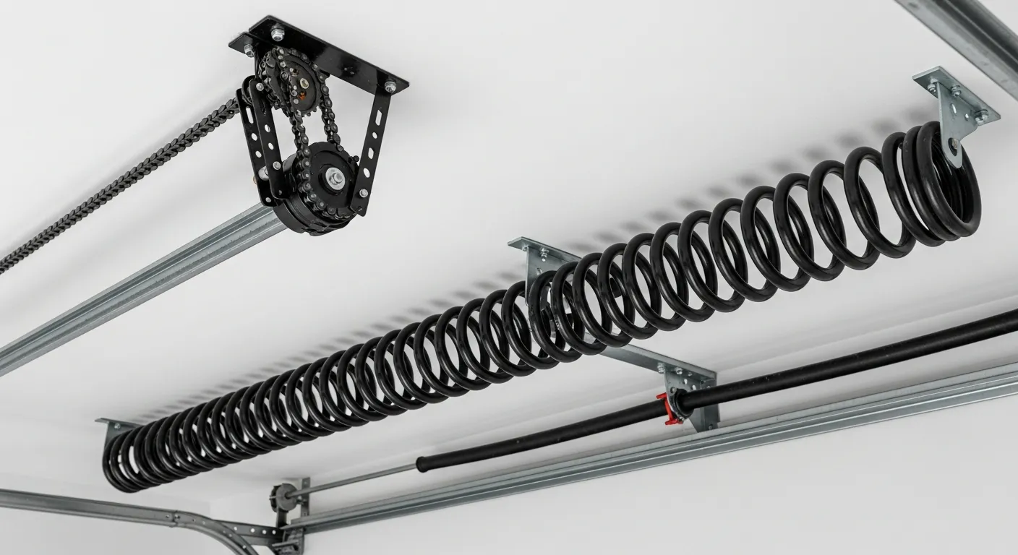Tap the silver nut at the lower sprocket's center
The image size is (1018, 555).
[337, 176]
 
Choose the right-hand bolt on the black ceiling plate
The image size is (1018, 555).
[390, 87]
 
